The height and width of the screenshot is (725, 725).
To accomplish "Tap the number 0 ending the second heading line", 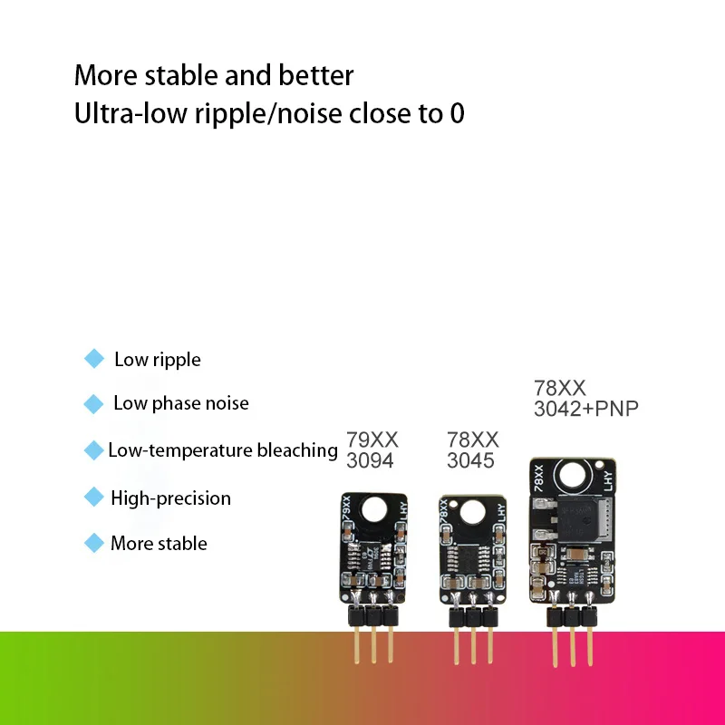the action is (x=457, y=115).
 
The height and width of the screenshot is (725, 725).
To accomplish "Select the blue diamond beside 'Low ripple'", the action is (x=93, y=360).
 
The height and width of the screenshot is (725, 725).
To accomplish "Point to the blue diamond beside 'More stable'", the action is (x=93, y=543).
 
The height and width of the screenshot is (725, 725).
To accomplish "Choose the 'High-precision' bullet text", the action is (x=170, y=498).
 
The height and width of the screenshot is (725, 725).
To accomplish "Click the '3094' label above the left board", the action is (x=371, y=459).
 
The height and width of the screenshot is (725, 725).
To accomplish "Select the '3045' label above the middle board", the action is (x=471, y=459).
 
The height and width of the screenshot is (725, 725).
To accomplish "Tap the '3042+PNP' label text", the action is (x=586, y=409).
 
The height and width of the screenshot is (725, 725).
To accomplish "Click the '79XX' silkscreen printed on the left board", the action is (x=346, y=507).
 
